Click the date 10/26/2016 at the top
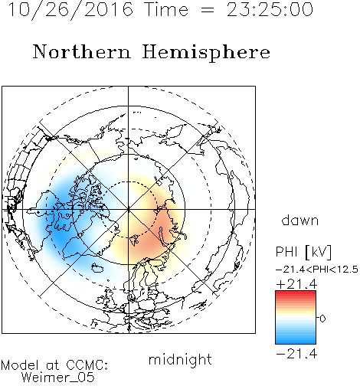[x=71, y=10]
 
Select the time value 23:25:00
[x=270, y=10]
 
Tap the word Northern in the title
[x=82, y=52]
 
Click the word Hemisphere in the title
[x=206, y=53]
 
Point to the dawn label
[x=300, y=220]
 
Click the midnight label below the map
[x=180, y=359]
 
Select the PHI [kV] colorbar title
[x=304, y=253]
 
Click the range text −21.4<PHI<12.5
[x=317, y=270]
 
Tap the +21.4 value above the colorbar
[x=296, y=284]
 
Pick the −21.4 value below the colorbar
[x=296, y=354]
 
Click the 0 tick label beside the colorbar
[x=322, y=319]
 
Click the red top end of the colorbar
[x=296, y=293]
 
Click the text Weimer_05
[x=58, y=378]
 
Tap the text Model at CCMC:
[x=54, y=365]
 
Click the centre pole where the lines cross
[x=129, y=209]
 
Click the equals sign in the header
[x=208, y=11]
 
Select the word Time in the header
[x=166, y=10]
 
